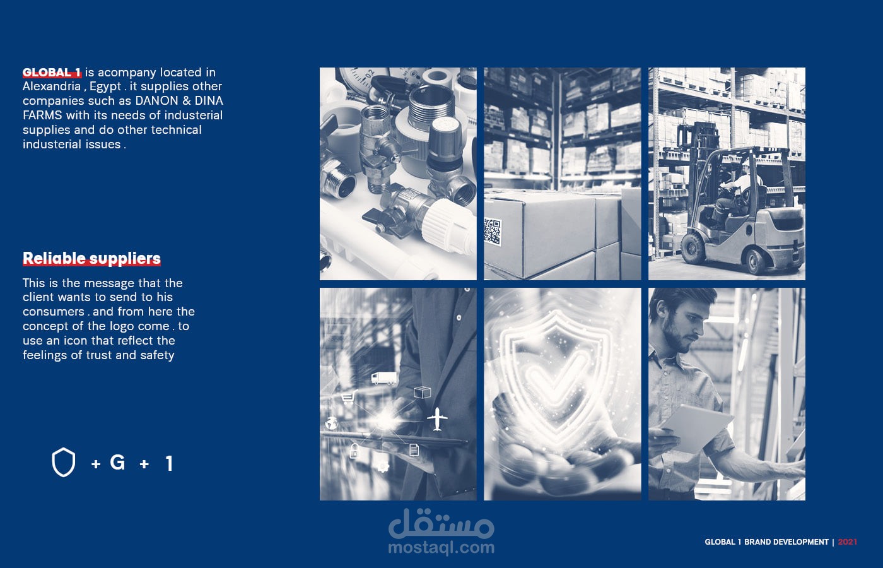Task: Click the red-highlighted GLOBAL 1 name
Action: point(52,73)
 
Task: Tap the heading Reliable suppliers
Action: point(91,259)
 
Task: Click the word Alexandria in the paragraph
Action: point(51,86)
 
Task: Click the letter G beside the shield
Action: point(117,462)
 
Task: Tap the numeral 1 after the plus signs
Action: point(170,463)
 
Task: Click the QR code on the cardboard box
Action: point(493,232)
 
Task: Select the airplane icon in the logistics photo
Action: point(437,419)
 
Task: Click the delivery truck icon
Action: point(384,378)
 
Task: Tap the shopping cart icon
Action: point(349,396)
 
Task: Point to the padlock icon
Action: point(354,451)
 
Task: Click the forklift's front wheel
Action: point(693,247)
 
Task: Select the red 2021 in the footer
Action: point(848,542)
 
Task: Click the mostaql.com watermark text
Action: point(441,548)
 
